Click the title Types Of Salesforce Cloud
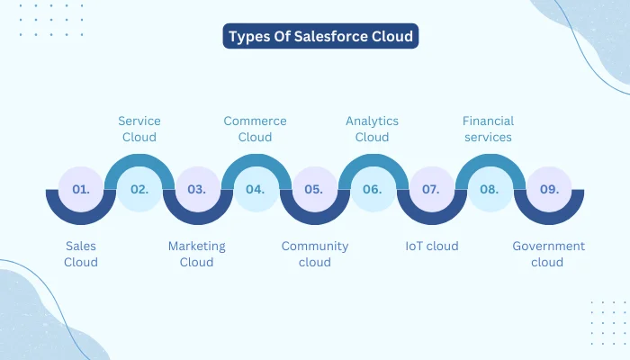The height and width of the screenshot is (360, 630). (321, 37)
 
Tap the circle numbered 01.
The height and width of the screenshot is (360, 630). (81, 190)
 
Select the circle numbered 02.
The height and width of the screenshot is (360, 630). (139, 190)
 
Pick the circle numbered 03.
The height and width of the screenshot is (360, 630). (197, 190)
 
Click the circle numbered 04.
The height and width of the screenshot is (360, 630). (256, 190)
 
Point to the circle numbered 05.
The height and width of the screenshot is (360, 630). (314, 190)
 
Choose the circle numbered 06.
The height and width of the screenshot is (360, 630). (373, 190)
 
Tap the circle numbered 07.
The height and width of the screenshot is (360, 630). (431, 190)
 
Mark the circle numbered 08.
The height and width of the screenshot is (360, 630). (490, 190)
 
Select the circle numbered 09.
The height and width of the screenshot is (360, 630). (548, 190)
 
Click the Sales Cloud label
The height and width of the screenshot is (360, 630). (81, 254)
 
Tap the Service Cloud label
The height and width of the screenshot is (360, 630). (139, 129)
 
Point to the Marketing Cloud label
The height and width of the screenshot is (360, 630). (197, 254)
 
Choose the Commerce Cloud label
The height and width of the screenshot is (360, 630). (256, 129)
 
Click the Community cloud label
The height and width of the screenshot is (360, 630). (314, 254)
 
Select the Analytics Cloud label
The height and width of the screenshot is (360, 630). (373, 129)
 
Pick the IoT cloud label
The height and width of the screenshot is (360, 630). (431, 246)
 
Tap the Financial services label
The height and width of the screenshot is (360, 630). (487, 129)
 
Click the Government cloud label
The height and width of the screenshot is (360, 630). (548, 254)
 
